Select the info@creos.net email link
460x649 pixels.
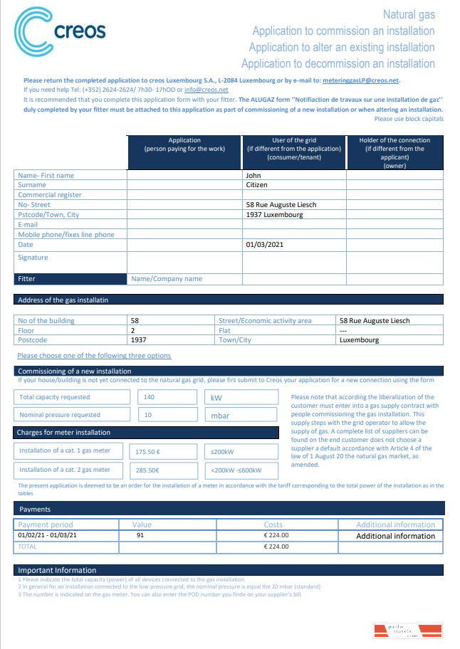(206, 90)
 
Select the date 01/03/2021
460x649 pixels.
(264, 245)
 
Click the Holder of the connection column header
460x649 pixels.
(394, 152)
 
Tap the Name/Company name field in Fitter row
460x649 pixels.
(167, 279)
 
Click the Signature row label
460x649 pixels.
(33, 258)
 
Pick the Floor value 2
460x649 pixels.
(132, 331)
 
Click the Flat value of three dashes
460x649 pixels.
(343, 331)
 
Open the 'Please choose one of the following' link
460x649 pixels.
(94, 356)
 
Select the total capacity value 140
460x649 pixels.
(150, 397)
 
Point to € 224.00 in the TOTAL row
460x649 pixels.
(276, 547)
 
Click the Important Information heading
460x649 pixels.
(57, 570)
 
